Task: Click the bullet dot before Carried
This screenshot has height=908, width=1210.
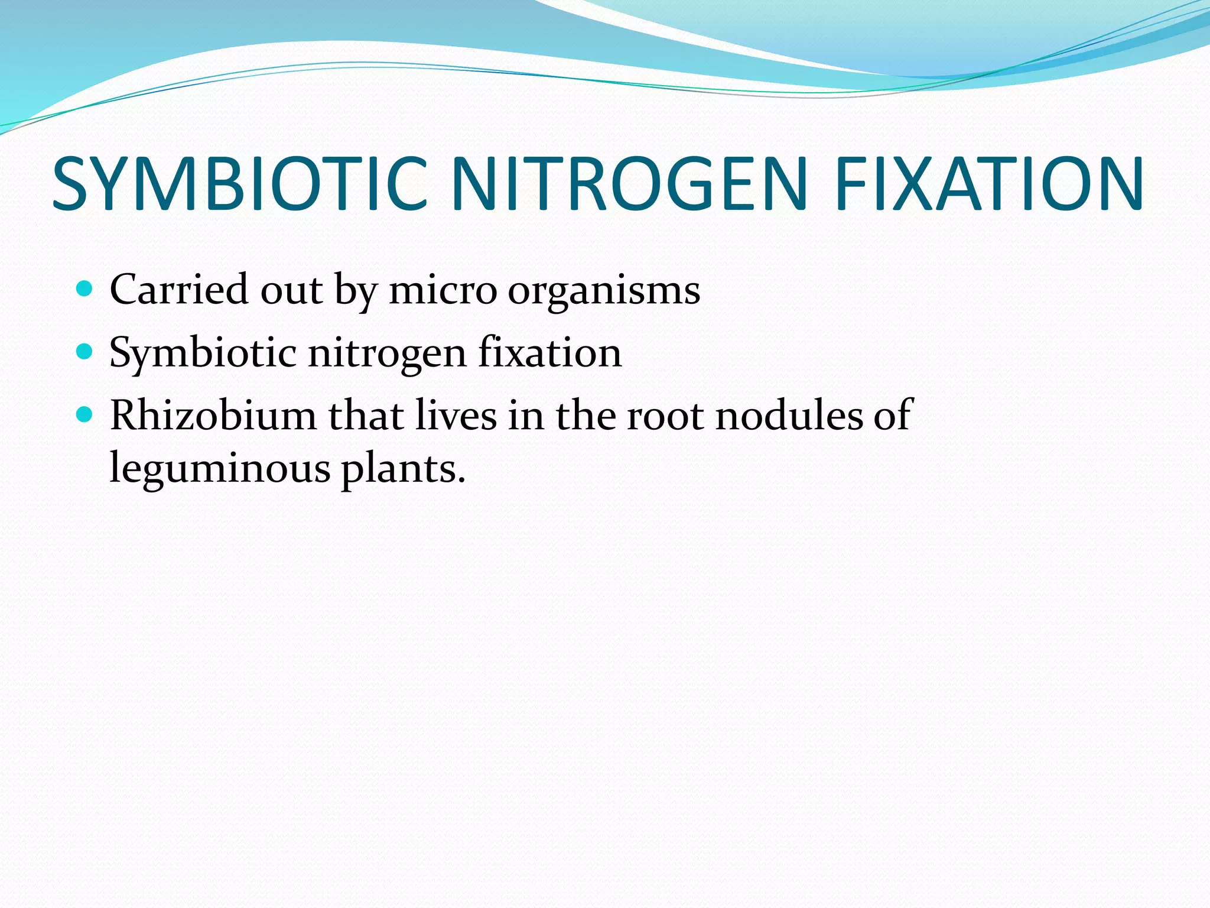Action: pyautogui.click(x=85, y=289)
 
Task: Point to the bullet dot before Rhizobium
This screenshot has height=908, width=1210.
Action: pyautogui.click(x=85, y=415)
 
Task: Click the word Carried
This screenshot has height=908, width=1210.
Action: pyautogui.click(x=178, y=290)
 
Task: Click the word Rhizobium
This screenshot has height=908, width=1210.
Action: pyautogui.click(x=213, y=415)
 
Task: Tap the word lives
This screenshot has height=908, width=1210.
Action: pyautogui.click(x=456, y=415)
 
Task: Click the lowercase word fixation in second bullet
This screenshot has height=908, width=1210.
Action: pyautogui.click(x=549, y=352)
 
